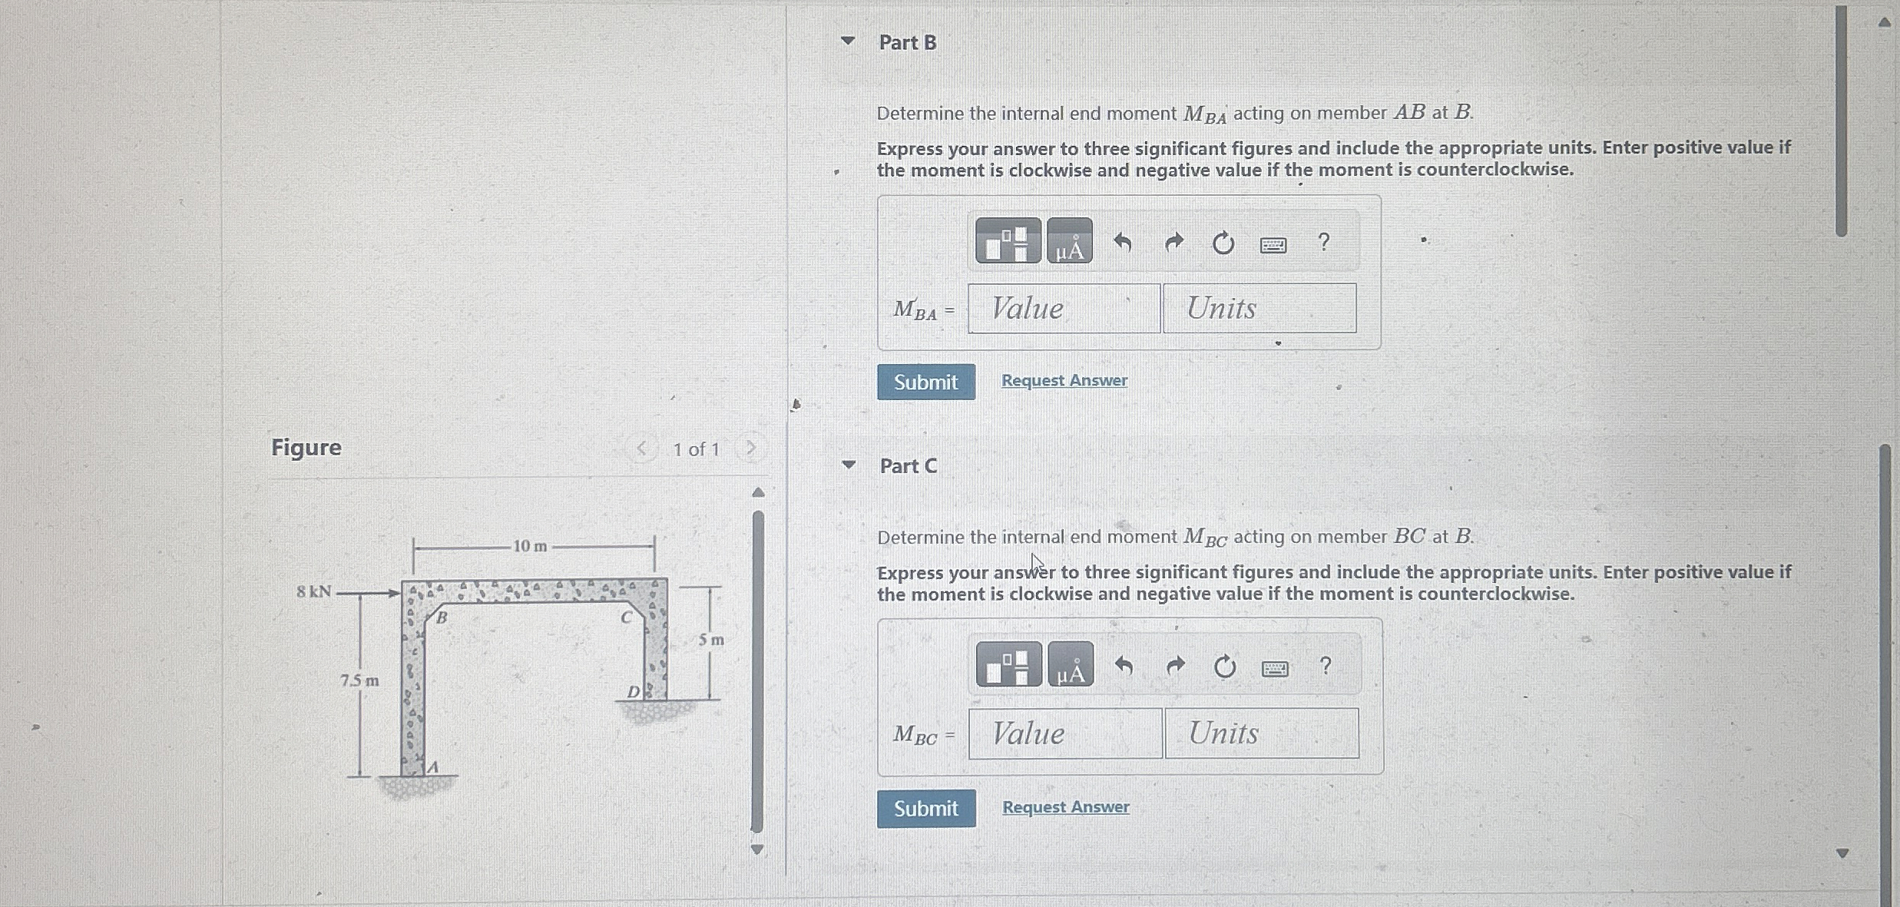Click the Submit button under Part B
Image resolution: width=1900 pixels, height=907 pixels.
pos(926,382)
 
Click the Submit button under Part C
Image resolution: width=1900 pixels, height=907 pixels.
pos(926,808)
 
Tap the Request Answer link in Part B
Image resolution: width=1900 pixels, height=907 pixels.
pos(1064,380)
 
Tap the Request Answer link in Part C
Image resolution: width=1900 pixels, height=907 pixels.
pos(1066,806)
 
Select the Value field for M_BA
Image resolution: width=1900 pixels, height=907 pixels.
pos(1064,308)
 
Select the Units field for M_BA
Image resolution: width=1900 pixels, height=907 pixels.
pos(1259,308)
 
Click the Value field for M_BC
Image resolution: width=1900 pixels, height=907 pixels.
pos(1065,733)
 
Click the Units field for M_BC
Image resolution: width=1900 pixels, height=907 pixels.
pos(1262,733)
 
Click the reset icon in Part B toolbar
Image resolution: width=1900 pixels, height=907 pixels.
pos(1223,243)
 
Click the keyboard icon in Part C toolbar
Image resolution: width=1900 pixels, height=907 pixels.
pos(1275,669)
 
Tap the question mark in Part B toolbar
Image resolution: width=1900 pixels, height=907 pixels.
pos(1323,242)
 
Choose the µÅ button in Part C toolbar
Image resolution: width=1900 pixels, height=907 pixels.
pos(1071,664)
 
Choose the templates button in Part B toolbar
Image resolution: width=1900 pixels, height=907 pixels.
pos(1008,240)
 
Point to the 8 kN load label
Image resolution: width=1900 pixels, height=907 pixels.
pos(314,591)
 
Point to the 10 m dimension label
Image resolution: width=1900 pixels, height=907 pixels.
pos(531,546)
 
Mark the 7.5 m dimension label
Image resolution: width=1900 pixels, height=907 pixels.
pos(359,680)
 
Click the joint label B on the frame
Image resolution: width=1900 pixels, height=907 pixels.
pos(442,617)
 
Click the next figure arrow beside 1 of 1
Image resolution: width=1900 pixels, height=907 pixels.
pos(751,448)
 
